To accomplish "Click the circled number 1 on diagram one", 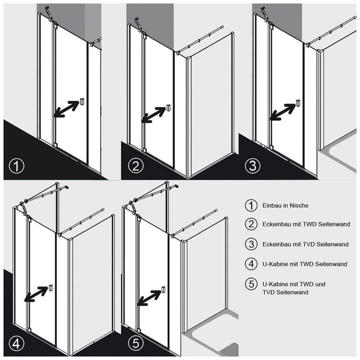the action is pos(17,166).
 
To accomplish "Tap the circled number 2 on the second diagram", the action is pos(136,166).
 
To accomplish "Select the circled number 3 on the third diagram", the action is pos(253,166).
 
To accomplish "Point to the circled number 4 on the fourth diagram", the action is pos(17,344).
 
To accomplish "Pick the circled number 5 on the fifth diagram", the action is pos(136,344).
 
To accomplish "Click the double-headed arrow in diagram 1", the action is pos(66,109).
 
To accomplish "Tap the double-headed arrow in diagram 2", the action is pos(153,115).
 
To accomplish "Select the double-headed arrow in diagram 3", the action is pos(282,112).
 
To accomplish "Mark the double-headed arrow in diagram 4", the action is pos(36,294).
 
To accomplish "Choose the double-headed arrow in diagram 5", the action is pos(149,298).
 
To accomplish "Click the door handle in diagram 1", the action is pos(82,102).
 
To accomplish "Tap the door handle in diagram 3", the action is pos(298,103).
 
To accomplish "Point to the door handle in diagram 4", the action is pos(50,288).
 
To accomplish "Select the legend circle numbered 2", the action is pos(251,224).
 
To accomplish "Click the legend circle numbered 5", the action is pos(251,284).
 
